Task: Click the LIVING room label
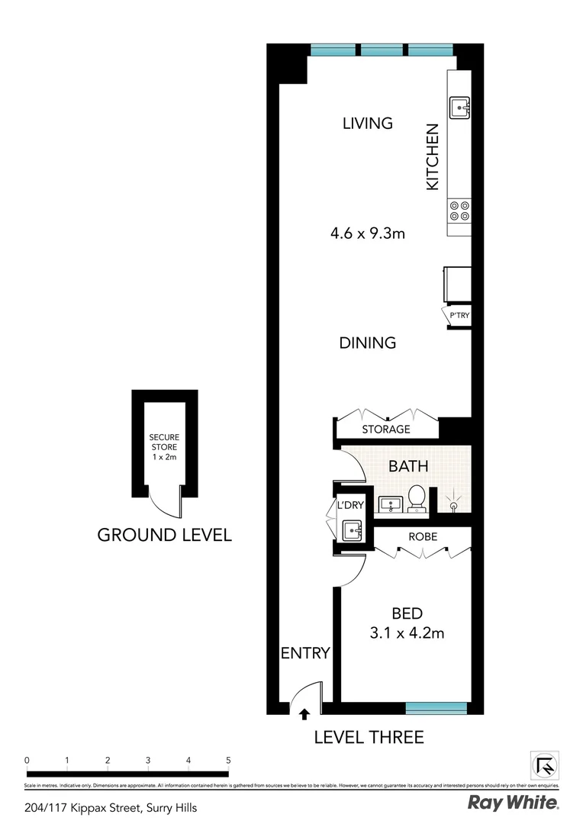[367, 123]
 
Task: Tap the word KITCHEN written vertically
[433, 157]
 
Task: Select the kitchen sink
[459, 108]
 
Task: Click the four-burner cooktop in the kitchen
[459, 210]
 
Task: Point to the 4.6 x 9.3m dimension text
[367, 233]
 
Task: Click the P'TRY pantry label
[459, 316]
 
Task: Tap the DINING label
[368, 343]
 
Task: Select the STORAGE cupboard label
[386, 430]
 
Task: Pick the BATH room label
[408, 466]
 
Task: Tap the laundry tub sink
[352, 529]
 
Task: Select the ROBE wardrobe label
[422, 536]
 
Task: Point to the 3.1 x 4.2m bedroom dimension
[407, 632]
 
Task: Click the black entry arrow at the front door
[305, 714]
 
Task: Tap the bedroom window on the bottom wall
[436, 709]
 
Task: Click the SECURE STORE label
[164, 447]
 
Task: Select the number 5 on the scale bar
[228, 760]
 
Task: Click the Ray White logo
[513, 803]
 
